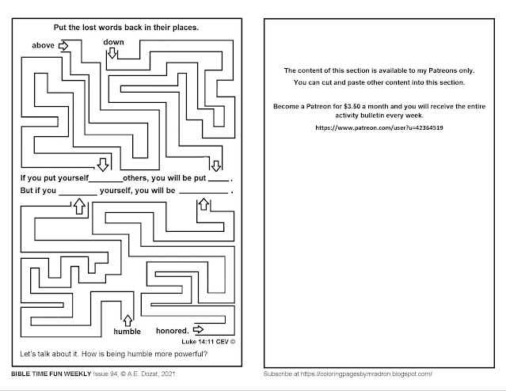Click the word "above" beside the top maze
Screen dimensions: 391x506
43,46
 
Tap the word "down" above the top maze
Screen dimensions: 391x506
113,41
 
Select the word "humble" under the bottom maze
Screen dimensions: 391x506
127,331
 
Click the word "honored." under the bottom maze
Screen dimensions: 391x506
172,330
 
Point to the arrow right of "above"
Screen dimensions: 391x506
64,46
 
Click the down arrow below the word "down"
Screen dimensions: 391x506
112,53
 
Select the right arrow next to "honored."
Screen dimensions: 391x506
198,328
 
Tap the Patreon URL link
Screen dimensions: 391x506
379,127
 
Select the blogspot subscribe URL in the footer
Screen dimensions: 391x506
369,372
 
